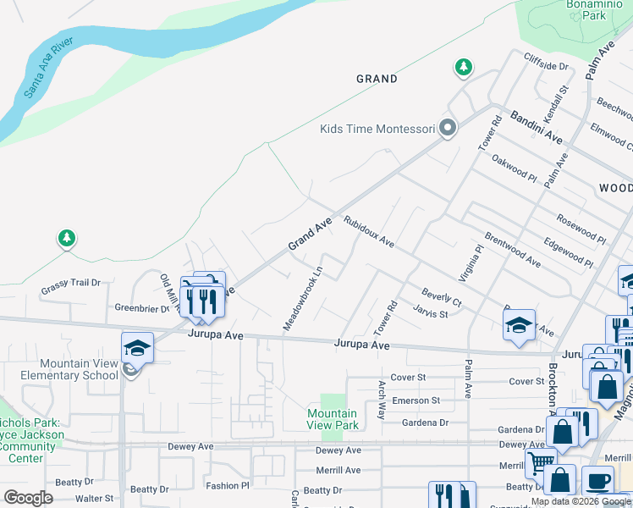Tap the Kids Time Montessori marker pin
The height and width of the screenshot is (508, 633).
[x=448, y=129]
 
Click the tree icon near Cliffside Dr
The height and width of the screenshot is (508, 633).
[x=463, y=67]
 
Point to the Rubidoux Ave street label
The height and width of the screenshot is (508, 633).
[x=369, y=231]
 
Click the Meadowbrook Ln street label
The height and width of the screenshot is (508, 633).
[x=303, y=300]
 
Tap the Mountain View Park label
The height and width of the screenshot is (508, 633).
[x=332, y=419]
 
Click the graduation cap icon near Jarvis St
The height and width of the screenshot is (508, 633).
[x=520, y=325]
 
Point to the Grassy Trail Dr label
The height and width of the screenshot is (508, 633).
[x=70, y=292]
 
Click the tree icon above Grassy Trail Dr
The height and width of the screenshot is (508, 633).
[x=66, y=239]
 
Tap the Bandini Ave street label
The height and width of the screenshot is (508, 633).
[x=536, y=125]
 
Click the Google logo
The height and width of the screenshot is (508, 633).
[x=28, y=497]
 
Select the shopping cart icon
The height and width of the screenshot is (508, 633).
[x=538, y=462]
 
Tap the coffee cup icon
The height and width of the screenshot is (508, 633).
[x=597, y=480]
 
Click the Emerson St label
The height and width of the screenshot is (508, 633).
[x=416, y=400]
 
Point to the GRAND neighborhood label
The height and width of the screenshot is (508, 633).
[x=377, y=79]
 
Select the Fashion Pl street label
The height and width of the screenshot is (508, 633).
[x=228, y=486]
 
